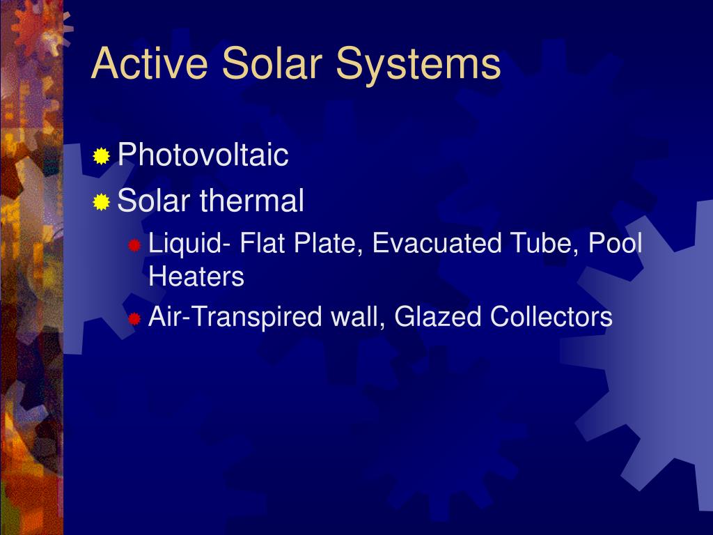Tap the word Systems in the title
pos(418,63)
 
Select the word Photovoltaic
pos(203,155)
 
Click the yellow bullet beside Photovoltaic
pos(102,156)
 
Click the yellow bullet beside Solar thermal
pos(102,203)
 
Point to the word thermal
pos(252,201)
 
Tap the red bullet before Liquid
pos(134,245)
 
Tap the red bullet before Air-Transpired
pos(134,319)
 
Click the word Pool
pos(615,244)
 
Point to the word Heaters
pos(196,277)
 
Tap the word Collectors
pos(551,318)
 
